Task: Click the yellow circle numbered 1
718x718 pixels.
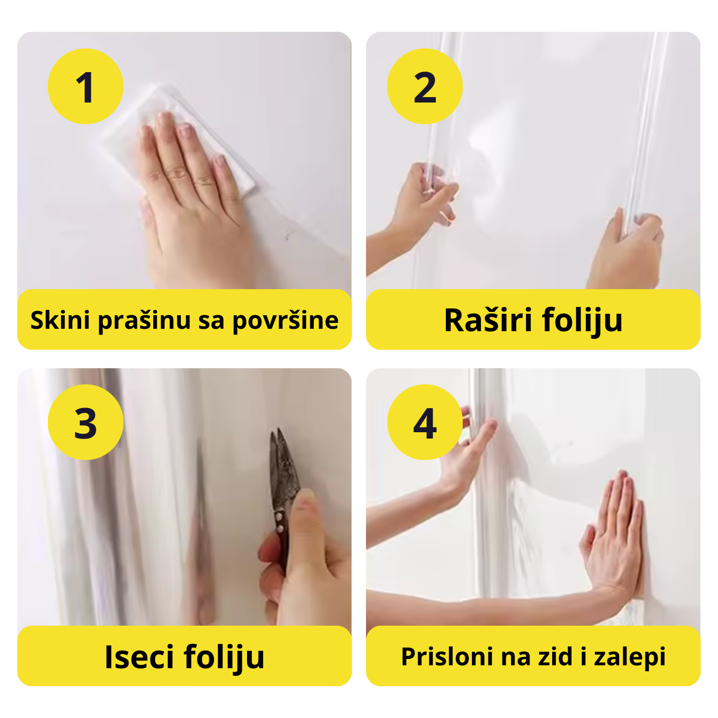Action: point(86,86)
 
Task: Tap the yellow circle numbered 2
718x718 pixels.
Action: point(425,86)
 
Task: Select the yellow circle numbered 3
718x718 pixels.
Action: point(86,422)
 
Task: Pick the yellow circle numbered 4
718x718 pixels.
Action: point(425,422)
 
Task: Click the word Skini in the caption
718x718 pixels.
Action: point(60,320)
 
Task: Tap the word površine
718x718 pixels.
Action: point(285,321)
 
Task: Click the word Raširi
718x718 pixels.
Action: point(488,320)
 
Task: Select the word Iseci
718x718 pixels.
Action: point(139,656)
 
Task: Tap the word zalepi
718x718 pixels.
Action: point(630,657)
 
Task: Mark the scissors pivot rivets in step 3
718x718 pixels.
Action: point(279,523)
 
